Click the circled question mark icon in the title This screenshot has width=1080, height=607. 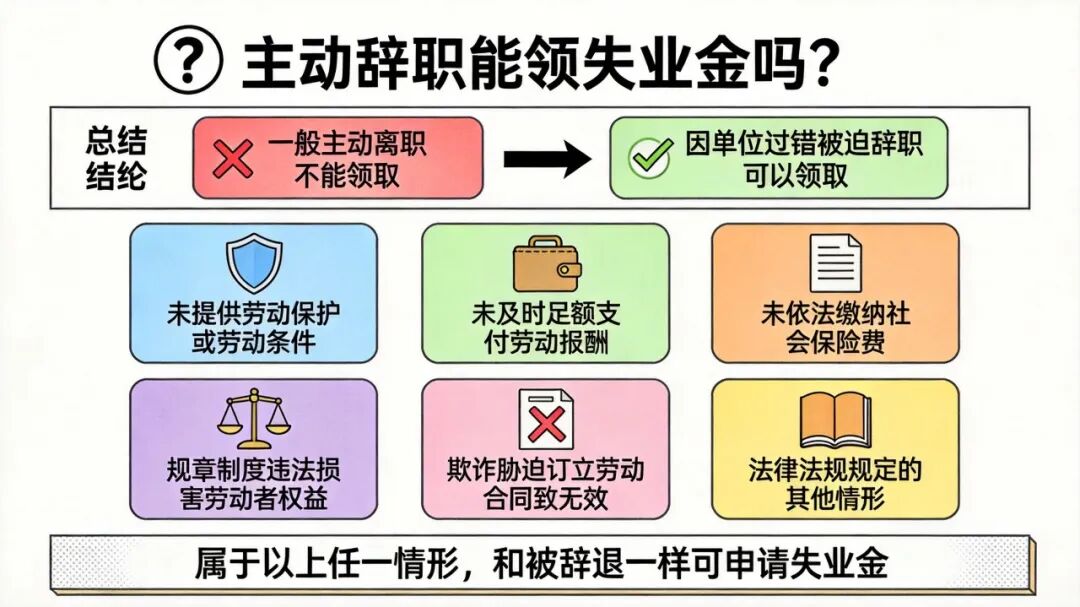pos(188,60)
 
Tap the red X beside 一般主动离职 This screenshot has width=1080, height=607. pos(232,159)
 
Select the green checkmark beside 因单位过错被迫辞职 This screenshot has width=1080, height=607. pos(651,156)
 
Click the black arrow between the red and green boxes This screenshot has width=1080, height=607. pos(547,159)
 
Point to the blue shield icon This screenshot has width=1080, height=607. pos(254,263)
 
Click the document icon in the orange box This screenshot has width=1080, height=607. pos(835,263)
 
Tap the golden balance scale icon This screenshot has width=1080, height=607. pos(253,419)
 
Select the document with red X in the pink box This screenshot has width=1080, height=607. pos(546,420)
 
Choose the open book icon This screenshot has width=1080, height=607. pos(835,421)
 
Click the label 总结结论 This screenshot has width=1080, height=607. pos(116,158)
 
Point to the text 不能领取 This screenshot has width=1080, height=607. pos(347,176)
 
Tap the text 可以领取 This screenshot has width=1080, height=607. pos(796,176)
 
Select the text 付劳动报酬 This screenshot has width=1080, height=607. pos(546,342)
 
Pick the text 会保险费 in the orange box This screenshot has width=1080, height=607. pos(835,342)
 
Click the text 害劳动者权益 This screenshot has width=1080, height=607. pos(253,498)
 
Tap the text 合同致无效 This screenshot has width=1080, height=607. pos(546,498)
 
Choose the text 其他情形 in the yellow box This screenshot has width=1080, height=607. pos(835,498)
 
